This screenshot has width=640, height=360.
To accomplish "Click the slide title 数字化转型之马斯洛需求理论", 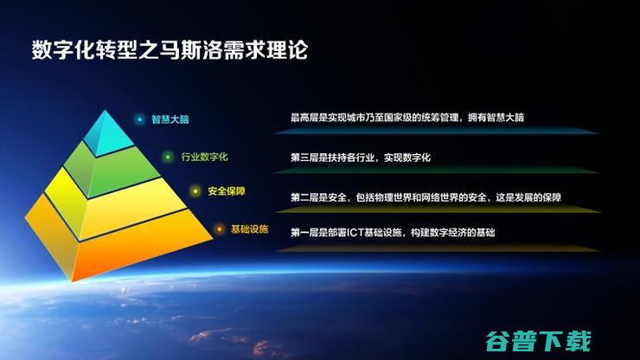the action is (x=170, y=50).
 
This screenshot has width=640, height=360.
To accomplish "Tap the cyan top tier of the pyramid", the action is (x=106, y=133).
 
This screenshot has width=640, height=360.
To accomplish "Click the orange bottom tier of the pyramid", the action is (x=118, y=241).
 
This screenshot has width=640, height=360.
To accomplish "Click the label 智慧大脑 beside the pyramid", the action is (x=170, y=119).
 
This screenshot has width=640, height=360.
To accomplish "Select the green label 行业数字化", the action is (x=204, y=157).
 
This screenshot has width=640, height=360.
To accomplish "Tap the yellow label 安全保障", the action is (x=227, y=191).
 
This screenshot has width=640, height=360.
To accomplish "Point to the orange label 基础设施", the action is (x=249, y=229).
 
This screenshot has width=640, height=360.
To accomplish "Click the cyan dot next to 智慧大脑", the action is (x=139, y=119).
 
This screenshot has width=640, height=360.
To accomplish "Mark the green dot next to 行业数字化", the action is (x=167, y=157).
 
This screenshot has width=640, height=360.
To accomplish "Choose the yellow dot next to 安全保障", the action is (x=195, y=191).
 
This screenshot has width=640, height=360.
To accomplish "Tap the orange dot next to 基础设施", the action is (x=219, y=229).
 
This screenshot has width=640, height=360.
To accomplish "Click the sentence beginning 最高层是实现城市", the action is (x=407, y=118).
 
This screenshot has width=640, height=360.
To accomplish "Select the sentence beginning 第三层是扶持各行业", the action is (x=361, y=157).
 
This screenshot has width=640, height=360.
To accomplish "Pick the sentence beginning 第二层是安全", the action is (x=426, y=197).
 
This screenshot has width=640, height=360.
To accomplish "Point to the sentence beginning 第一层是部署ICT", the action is (x=393, y=233).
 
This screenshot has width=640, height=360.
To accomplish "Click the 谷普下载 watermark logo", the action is (x=538, y=341).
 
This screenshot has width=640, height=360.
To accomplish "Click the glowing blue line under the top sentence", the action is (x=436, y=132).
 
